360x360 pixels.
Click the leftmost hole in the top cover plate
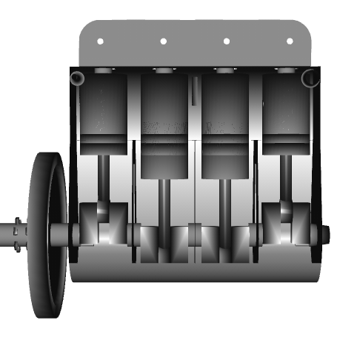tap(101, 41)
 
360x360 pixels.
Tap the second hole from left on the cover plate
tap(164, 41)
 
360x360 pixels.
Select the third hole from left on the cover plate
tap(227, 41)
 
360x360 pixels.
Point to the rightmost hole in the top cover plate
tap(290, 41)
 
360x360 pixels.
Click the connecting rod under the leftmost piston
tap(104, 178)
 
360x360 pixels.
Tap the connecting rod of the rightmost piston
tap(287, 178)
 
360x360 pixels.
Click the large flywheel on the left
tap(48, 235)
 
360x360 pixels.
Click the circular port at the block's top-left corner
tap(79, 78)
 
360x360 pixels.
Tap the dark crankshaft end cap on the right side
tap(324, 234)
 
